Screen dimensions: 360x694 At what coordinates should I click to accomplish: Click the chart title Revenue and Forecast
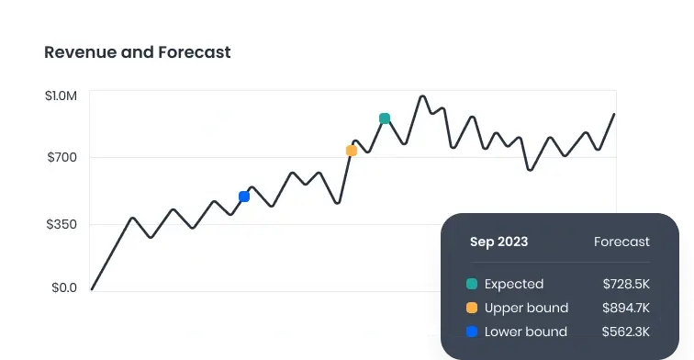(138, 52)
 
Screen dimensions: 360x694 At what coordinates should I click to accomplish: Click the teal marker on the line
(385, 118)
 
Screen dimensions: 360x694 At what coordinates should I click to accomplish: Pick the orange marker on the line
(351, 151)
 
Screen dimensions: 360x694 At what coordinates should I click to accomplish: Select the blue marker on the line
(244, 197)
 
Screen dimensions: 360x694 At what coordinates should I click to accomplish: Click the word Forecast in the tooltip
(621, 242)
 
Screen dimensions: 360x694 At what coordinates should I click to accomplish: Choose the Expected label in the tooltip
(514, 284)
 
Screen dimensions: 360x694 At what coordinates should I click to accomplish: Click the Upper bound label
(526, 308)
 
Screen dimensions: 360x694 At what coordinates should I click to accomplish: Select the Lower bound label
(526, 332)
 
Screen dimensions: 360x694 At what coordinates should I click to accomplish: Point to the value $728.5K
(626, 284)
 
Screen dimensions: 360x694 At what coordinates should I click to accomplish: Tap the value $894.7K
(626, 308)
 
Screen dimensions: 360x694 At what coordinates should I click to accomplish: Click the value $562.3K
(626, 332)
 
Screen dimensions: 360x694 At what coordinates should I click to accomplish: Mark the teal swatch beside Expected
(472, 284)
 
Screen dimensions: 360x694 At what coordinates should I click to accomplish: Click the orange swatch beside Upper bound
(472, 308)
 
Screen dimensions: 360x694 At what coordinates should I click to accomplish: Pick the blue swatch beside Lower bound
(472, 332)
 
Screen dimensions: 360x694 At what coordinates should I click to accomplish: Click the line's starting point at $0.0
(93, 288)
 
